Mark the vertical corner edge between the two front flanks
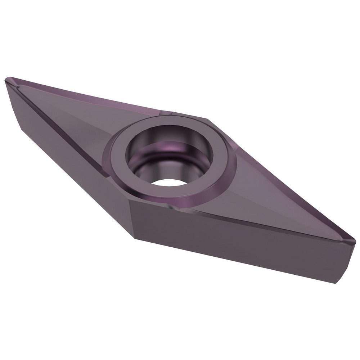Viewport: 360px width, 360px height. click(x=131, y=220)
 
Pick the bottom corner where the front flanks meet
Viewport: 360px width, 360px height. click(x=135, y=238)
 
